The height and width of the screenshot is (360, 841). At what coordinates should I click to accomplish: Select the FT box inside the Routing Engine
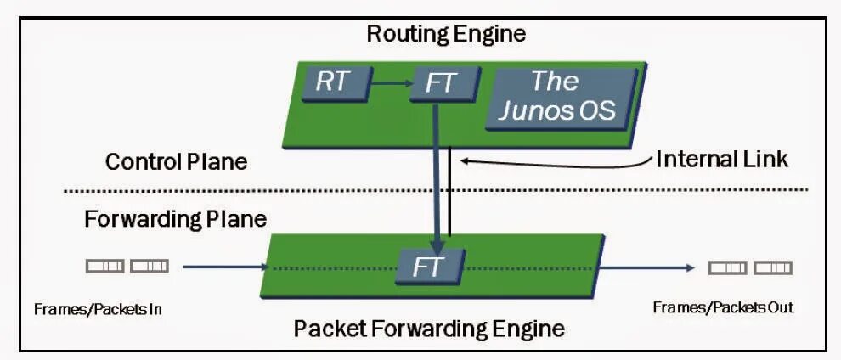[443, 83]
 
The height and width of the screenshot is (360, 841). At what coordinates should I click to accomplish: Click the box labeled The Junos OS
[562, 98]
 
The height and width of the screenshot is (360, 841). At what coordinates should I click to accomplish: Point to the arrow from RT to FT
[391, 83]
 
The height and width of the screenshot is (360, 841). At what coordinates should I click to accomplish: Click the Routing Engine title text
[446, 34]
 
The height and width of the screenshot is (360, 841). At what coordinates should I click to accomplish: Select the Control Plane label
[177, 161]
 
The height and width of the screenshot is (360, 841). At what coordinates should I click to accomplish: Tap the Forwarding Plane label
[175, 219]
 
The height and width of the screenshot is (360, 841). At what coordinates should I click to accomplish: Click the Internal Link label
[722, 159]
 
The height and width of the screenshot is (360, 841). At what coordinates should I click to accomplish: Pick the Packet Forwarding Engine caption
[429, 328]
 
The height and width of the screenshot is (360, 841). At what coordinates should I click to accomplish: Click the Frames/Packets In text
[99, 309]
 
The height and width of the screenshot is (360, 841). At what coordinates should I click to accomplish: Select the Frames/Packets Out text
[723, 307]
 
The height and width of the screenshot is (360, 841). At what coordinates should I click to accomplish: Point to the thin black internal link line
[449, 192]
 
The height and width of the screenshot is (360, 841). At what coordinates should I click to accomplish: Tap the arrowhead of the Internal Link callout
[462, 160]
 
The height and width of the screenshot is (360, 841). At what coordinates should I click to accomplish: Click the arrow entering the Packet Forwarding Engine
[225, 267]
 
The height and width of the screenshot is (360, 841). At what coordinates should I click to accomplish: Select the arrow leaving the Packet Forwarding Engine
[647, 267]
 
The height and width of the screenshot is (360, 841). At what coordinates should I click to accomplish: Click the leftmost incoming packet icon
[105, 267]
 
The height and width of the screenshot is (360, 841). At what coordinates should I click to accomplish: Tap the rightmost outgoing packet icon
[773, 267]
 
